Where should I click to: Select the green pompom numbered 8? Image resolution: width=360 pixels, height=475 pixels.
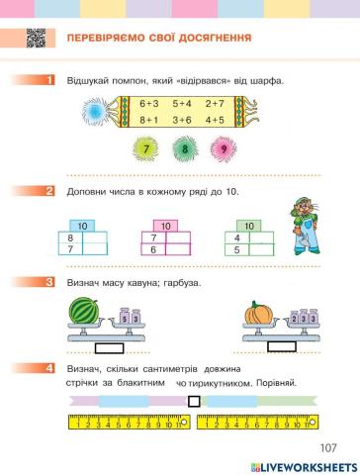pyautogui.click(x=184, y=151)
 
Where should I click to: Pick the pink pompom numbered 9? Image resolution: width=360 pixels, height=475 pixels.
pyautogui.click(x=224, y=151)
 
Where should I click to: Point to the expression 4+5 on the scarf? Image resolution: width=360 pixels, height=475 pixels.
pyautogui.click(x=216, y=120)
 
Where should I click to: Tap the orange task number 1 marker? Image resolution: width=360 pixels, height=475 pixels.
pyautogui.click(x=42, y=79)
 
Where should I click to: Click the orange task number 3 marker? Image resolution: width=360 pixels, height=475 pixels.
pyautogui.click(x=42, y=283)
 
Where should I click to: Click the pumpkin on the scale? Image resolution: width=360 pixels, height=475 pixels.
pyautogui.click(x=259, y=316)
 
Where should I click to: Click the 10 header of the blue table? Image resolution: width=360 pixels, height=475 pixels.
pyautogui.click(x=83, y=227)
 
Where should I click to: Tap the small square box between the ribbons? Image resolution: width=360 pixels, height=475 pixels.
pyautogui.click(x=194, y=400)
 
